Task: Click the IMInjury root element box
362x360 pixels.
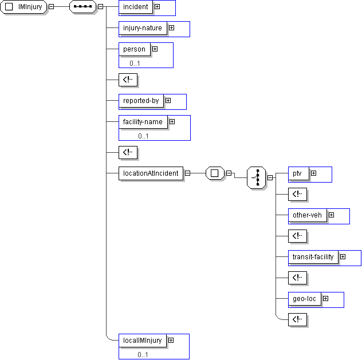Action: pyautogui.click(x=24, y=7)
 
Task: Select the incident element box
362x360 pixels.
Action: pyautogui.click(x=136, y=7)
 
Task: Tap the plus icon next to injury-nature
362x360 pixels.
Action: pyautogui.click(x=171, y=27)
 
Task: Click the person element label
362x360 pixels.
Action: pyautogui.click(x=135, y=49)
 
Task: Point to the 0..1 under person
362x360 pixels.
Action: pyautogui.click(x=135, y=63)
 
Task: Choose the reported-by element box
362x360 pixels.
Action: pyautogui.click(x=141, y=101)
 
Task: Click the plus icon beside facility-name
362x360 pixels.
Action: pyautogui.click(x=172, y=121)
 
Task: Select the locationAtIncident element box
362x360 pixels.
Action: pyautogui.click(x=151, y=173)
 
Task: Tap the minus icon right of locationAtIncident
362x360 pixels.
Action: pyautogui.click(x=187, y=173)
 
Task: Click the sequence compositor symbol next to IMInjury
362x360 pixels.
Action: pyautogui.click(x=82, y=7)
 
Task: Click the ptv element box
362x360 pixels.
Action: pyautogui.click(x=298, y=173)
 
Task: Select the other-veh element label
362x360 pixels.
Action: pyautogui.click(x=308, y=215)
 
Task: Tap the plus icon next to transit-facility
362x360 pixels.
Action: pyautogui.click(x=343, y=257)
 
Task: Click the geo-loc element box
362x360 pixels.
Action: pyautogui.click(x=305, y=299)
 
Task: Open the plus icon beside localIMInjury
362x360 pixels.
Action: pyautogui.click(x=171, y=340)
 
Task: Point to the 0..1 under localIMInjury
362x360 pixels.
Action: pyautogui.click(x=143, y=354)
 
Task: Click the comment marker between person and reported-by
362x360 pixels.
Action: pyautogui.click(x=128, y=80)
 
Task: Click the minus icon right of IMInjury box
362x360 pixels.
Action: pyautogui.click(x=52, y=7)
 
